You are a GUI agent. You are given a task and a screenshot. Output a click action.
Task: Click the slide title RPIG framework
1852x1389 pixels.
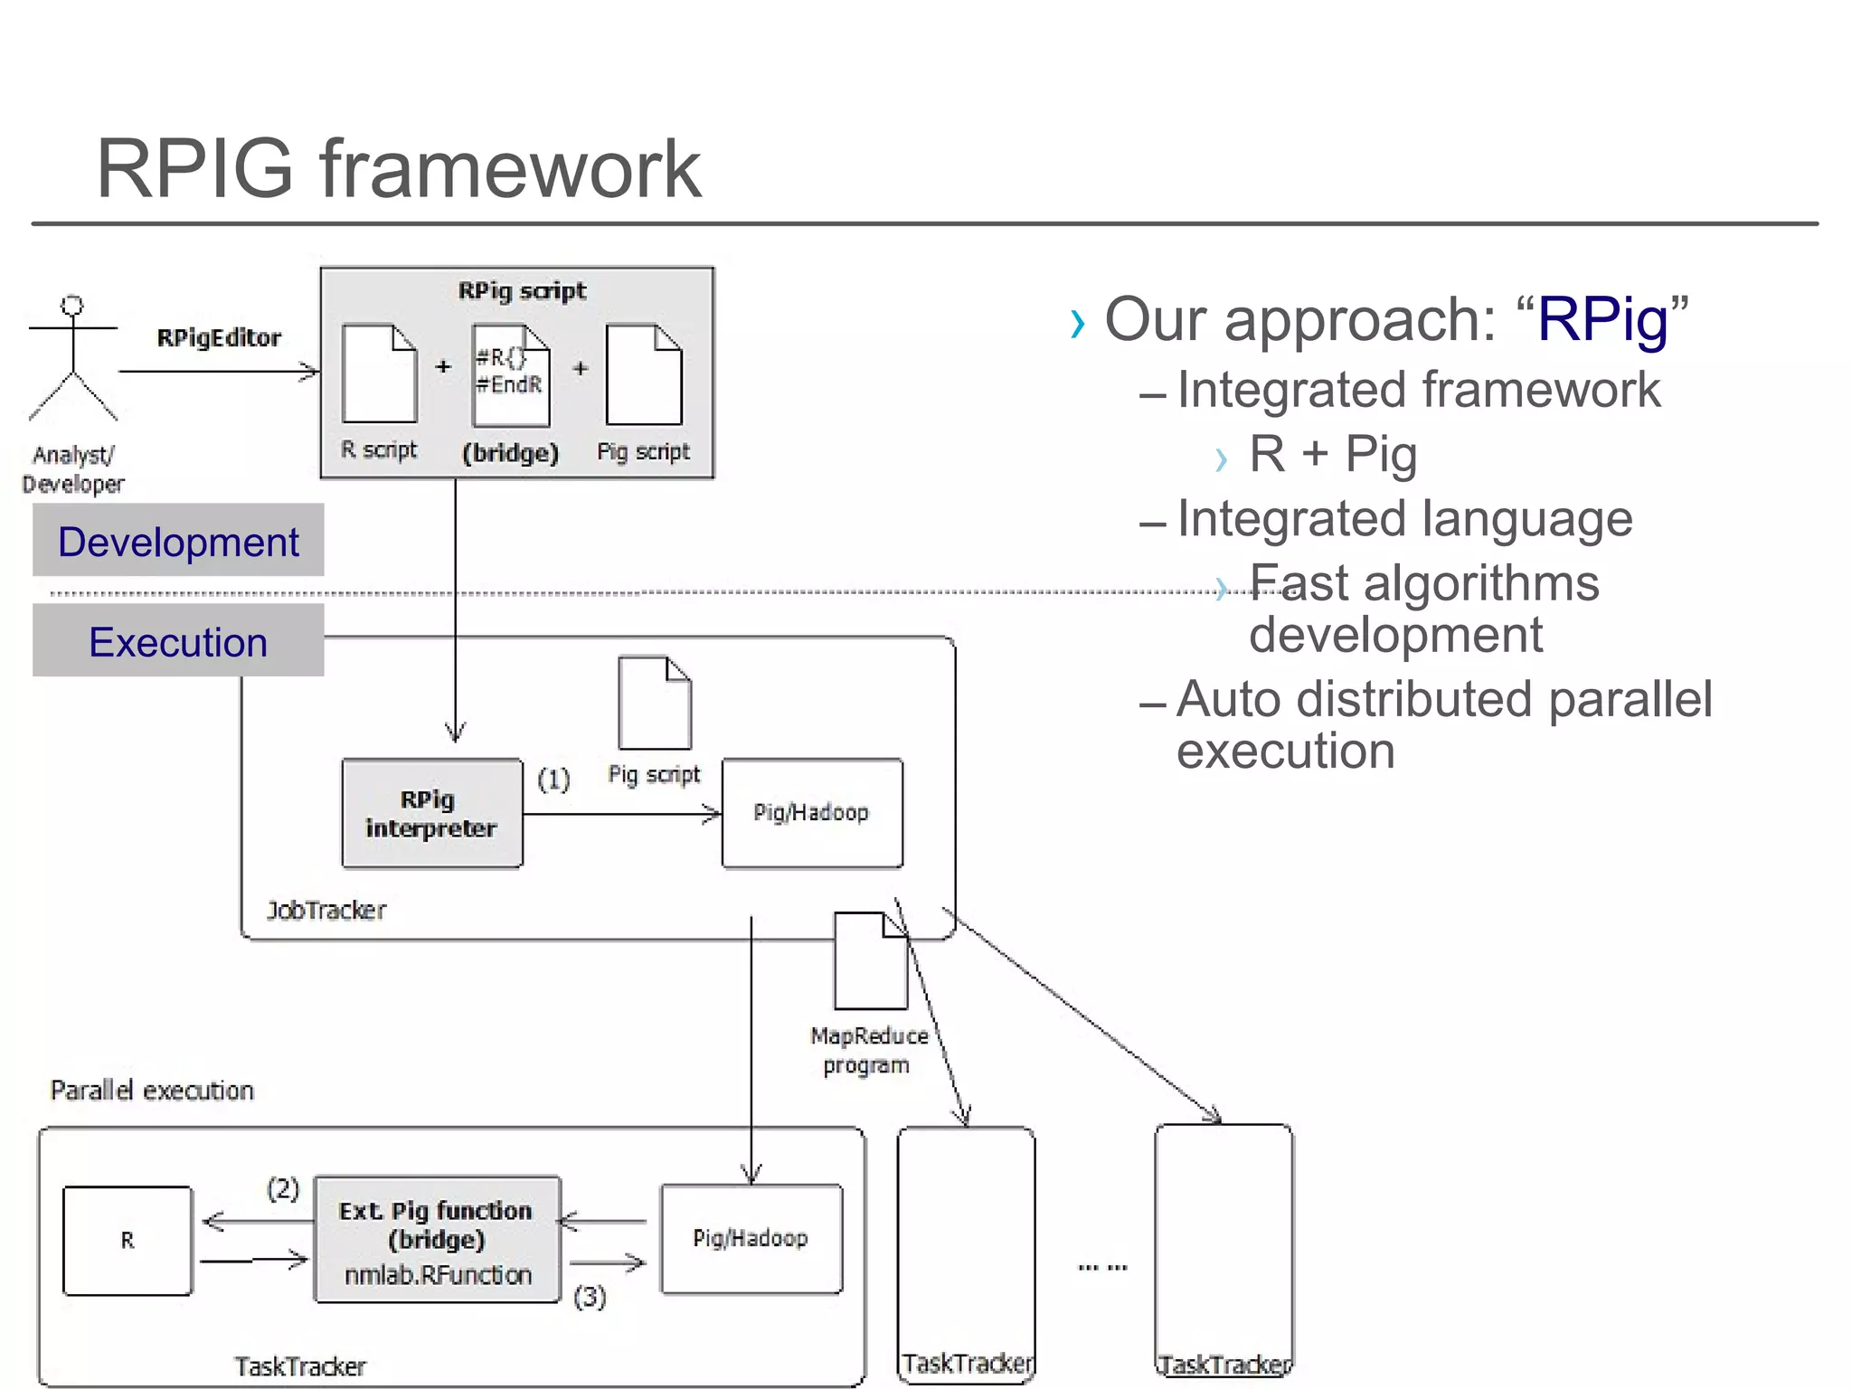[x=398, y=169]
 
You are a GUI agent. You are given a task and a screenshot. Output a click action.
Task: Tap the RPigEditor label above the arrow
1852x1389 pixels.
[x=219, y=338]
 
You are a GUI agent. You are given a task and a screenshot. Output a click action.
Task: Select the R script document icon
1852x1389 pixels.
[x=379, y=373]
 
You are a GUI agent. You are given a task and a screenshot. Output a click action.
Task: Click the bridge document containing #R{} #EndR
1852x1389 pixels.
[x=511, y=375]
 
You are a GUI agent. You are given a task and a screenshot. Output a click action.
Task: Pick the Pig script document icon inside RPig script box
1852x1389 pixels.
[x=644, y=374]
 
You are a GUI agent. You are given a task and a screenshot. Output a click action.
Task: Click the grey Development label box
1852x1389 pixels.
[x=178, y=541]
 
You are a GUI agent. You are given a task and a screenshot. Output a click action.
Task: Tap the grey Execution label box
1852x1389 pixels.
[x=178, y=641]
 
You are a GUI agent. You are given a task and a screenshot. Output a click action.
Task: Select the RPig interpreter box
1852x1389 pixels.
[x=431, y=813]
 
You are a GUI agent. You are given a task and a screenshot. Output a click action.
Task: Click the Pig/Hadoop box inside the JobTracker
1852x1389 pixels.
[x=811, y=812]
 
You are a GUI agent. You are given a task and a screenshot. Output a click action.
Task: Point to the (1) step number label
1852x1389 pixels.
[x=553, y=779]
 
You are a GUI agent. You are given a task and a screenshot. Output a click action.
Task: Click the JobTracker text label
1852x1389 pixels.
[x=326, y=910]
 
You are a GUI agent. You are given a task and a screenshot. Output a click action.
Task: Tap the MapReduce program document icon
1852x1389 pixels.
[x=870, y=960]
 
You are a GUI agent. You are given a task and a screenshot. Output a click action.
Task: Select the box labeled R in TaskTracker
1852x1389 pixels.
[x=128, y=1240]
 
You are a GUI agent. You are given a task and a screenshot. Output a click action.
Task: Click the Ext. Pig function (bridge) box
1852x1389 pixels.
[x=437, y=1239]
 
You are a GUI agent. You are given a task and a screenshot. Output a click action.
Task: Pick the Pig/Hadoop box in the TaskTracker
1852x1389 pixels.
[x=751, y=1238]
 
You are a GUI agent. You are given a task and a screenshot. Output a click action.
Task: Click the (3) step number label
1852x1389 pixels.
[x=590, y=1297]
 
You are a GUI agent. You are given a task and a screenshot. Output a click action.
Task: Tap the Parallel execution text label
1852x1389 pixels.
[x=152, y=1091]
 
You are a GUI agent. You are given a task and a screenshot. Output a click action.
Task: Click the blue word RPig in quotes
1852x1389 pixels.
[x=1602, y=319]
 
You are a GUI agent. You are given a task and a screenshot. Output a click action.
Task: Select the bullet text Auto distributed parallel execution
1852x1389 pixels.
[x=1443, y=724]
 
